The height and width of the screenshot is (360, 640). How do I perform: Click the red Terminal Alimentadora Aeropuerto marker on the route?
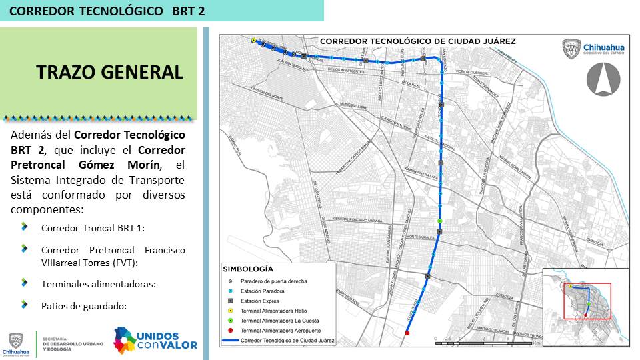pos(407,333)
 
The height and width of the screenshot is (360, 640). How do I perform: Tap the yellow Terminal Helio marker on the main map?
pos(253,40)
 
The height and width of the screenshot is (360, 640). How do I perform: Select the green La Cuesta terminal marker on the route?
pos(440,221)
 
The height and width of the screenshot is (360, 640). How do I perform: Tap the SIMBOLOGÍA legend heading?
pos(247,269)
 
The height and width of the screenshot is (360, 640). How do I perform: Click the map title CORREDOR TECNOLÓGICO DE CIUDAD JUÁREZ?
pos(417,41)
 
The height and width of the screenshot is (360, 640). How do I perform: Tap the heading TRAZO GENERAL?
pos(109,73)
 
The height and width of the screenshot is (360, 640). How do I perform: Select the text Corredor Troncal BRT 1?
pos(93,228)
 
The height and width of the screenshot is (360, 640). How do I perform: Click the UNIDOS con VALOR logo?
pos(155,339)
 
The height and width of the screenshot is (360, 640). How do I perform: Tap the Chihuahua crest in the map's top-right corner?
pos(571,49)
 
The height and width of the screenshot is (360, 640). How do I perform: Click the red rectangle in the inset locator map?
pos(587,301)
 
